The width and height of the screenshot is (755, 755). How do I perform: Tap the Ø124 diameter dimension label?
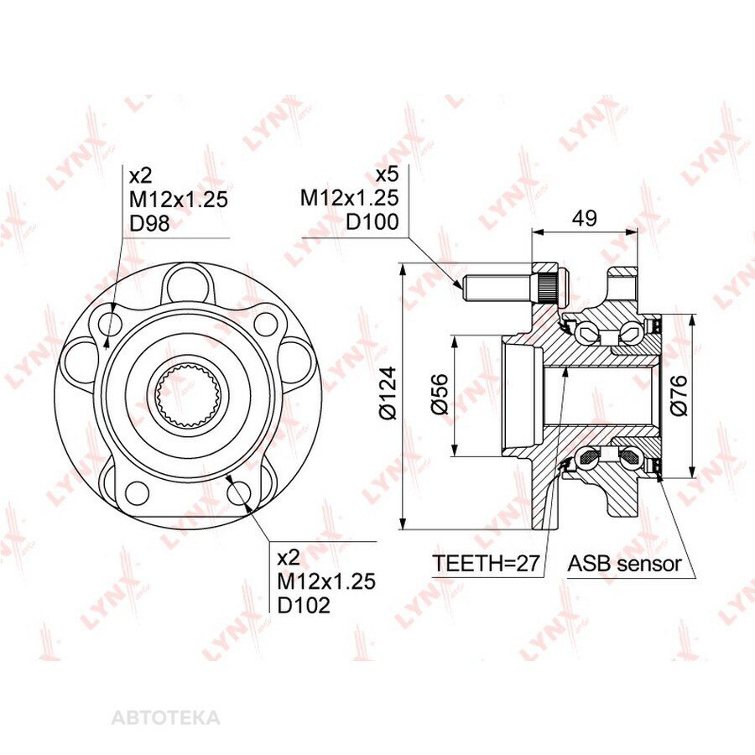click(x=388, y=393)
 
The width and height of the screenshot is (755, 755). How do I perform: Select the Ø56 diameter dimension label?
click(x=440, y=394)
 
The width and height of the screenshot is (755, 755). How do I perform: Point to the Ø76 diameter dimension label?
click(x=679, y=395)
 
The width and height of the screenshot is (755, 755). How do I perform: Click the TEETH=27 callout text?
click(x=486, y=563)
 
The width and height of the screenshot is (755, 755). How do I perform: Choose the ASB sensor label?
click(x=625, y=563)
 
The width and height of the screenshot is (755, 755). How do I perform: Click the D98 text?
click(x=150, y=223)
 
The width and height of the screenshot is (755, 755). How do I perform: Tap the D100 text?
click(x=372, y=222)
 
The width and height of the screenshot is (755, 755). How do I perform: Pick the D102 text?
click(x=304, y=605)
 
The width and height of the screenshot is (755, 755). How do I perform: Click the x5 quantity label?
click(x=388, y=174)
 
